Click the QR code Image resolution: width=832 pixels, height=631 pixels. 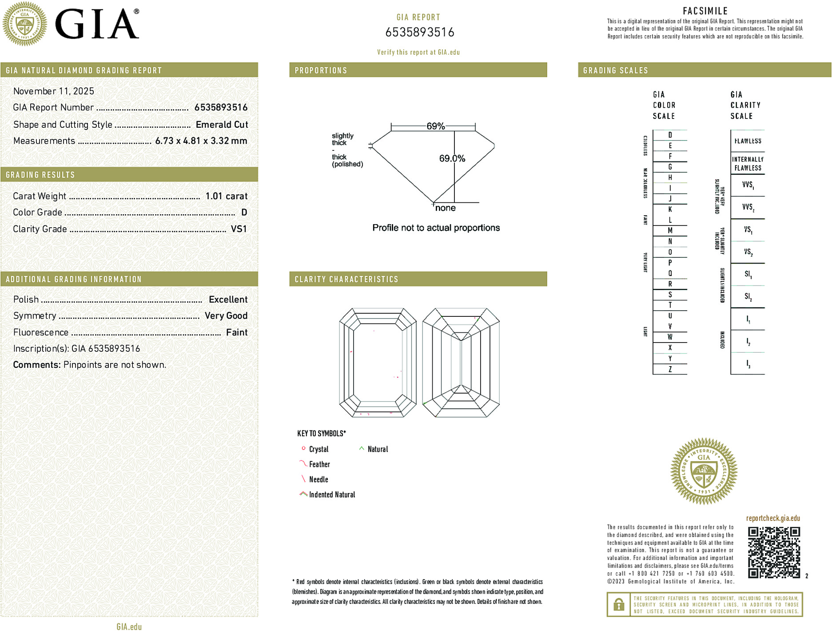[773, 552]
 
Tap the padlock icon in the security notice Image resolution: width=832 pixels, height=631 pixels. [618, 604]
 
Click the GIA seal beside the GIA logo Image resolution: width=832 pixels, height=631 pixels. [25, 24]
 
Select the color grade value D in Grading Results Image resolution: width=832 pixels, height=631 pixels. [244, 213]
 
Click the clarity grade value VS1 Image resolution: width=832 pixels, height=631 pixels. [239, 229]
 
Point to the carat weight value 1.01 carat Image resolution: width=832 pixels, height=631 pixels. [226, 196]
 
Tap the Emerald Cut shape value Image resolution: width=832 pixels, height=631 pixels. [222, 125]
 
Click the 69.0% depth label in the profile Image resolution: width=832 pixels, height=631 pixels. [452, 158]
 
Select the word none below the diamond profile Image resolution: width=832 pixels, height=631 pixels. [445, 208]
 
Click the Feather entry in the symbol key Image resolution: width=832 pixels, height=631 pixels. [319, 464]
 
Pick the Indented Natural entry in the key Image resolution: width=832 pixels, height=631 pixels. [331, 494]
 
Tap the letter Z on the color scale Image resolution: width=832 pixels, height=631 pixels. [670, 369]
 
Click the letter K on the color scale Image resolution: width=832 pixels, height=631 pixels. [670, 209]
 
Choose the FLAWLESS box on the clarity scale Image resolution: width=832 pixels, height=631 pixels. [748, 141]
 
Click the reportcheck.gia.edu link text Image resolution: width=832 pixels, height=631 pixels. [773, 518]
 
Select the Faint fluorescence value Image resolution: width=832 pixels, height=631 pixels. [236, 332]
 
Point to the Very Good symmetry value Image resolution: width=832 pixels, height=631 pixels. [226, 316]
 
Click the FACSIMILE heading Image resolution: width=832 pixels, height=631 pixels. [705, 11]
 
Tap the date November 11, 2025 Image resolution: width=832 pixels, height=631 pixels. [54, 91]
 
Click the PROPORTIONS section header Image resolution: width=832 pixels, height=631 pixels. [321, 71]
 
